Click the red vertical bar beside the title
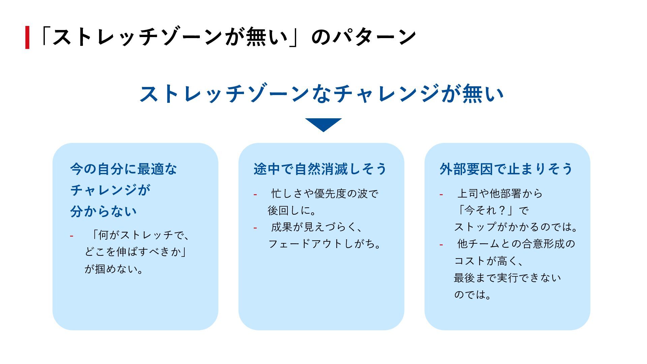coord(27,37)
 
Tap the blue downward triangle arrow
coord(323,124)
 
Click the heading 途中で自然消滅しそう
coord(320,169)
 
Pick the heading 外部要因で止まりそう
coord(506,169)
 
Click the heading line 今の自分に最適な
coord(123,169)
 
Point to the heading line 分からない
coord(103,211)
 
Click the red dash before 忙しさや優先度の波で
coord(255,194)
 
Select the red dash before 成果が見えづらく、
coord(255,228)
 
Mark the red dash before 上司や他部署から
coord(441,194)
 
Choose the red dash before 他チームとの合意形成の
coord(441,245)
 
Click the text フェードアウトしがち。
coord(325,244)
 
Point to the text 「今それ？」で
coord(492,210)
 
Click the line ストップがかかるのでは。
coord(516,227)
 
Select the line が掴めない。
coord(114,269)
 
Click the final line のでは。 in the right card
coord(472,295)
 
